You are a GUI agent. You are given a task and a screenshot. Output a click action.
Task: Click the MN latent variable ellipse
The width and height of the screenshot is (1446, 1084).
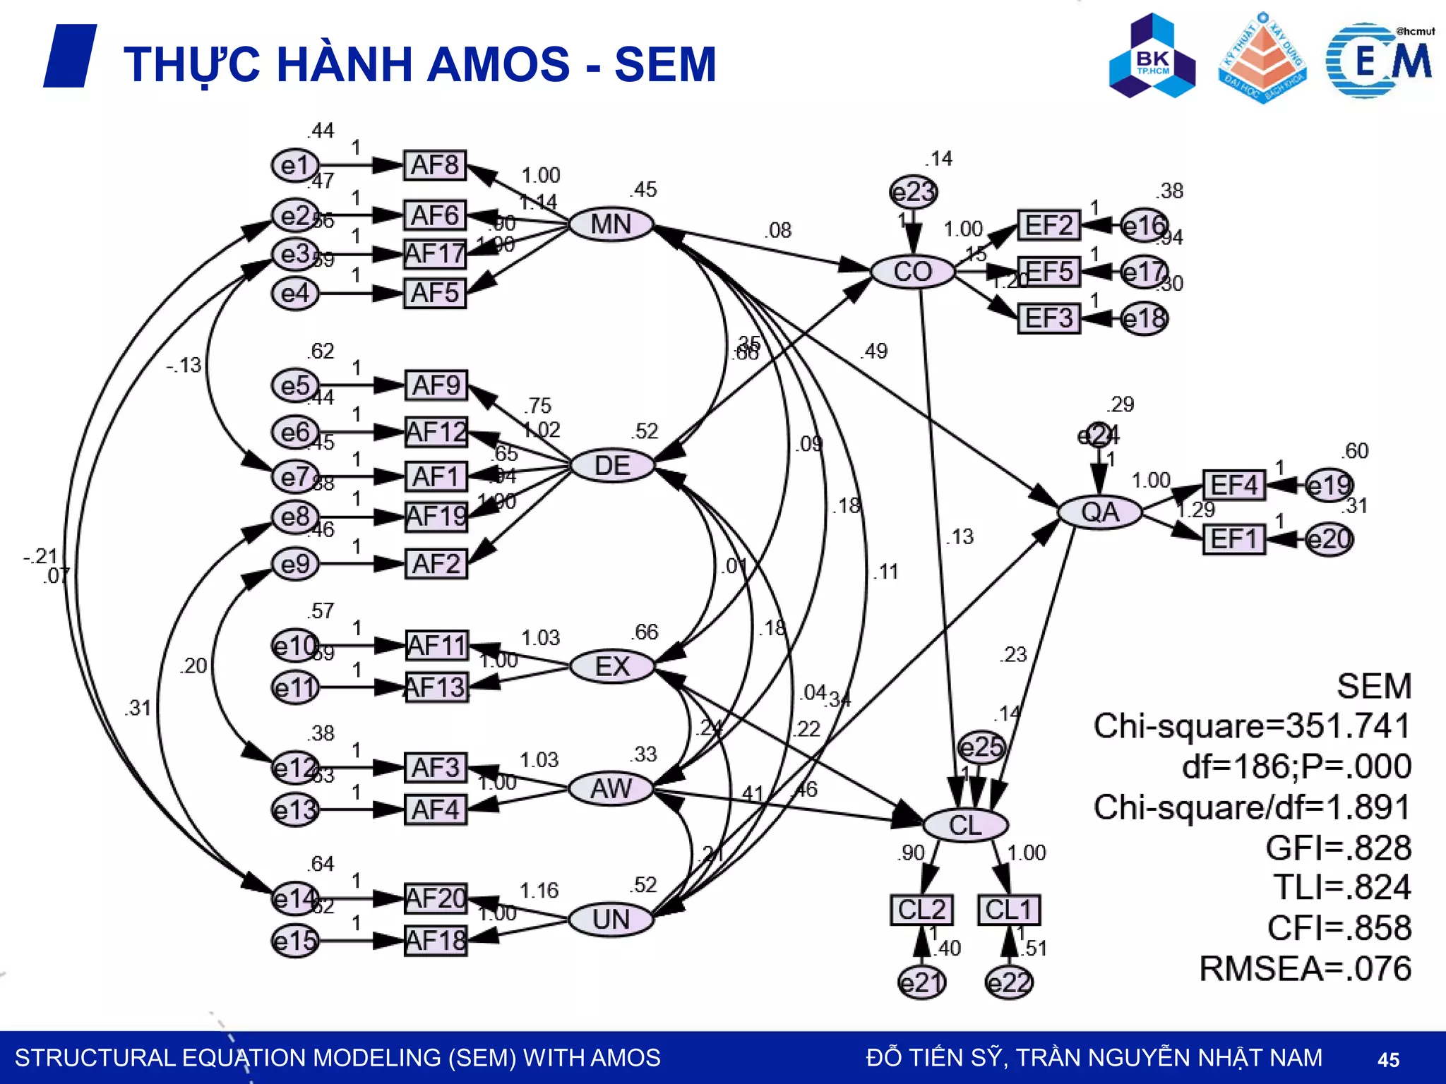611,224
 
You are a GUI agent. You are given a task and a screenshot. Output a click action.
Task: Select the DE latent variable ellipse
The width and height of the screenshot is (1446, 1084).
612,466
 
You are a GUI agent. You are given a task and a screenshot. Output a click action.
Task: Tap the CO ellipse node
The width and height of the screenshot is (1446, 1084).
912,272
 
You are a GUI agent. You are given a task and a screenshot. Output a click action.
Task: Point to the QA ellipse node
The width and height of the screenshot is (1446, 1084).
1099,512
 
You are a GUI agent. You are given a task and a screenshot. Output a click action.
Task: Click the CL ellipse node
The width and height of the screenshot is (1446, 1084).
965,825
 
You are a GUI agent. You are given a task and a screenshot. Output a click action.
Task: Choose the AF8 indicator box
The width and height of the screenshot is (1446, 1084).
435,165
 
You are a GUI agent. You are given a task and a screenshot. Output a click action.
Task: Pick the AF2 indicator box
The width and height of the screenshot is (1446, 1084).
436,564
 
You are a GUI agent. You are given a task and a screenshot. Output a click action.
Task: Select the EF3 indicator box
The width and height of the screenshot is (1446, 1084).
1048,318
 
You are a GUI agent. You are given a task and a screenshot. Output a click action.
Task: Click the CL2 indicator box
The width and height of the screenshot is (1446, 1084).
921,910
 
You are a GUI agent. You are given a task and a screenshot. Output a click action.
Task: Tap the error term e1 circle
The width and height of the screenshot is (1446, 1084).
295,166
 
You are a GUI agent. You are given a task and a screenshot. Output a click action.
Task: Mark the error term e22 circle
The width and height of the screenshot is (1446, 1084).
1009,982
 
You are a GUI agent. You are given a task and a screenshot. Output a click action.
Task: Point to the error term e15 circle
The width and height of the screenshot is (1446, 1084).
295,941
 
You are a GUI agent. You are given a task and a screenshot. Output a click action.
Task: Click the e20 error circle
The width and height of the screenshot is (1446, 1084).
1329,540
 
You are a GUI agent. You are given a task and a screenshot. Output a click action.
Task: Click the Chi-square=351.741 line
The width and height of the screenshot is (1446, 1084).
1251,726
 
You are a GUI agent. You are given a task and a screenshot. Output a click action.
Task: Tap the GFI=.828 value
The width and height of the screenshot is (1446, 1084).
1338,848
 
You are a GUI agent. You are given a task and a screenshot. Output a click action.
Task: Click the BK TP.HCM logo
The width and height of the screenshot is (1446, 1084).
1152,56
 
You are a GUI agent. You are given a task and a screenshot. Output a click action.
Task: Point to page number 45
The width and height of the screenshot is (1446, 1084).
1388,1059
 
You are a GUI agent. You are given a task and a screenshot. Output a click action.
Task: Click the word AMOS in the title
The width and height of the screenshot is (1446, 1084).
498,64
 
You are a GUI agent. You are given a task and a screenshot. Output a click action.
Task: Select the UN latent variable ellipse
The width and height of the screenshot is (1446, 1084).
611,920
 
